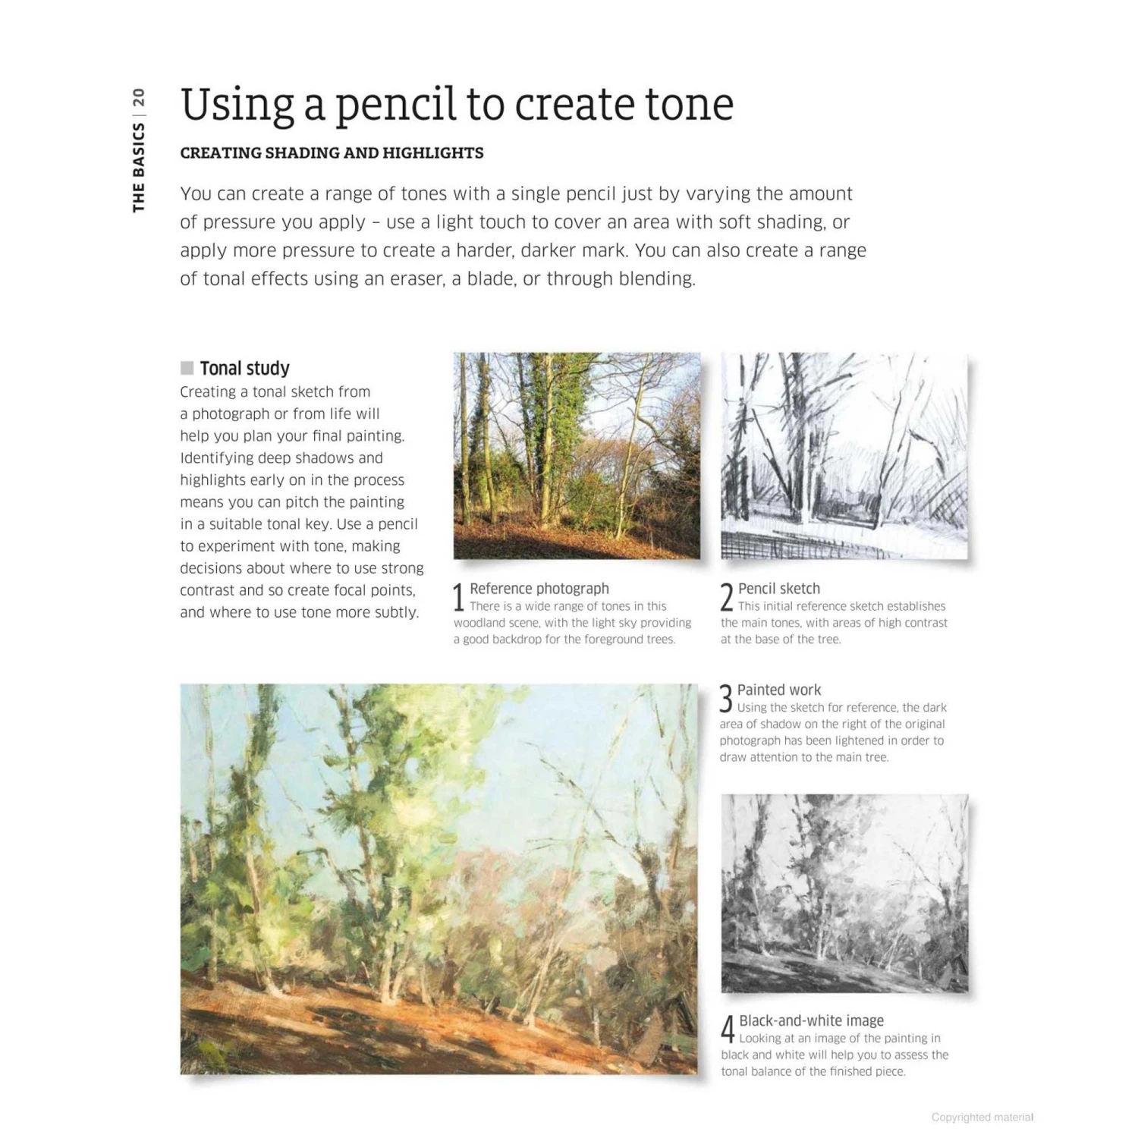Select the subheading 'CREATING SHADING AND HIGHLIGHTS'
pos(332,153)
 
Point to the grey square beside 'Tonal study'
pos(187,368)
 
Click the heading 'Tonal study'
pos(244,369)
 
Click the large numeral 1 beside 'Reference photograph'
pos(458,597)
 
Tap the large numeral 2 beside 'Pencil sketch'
pos(726,597)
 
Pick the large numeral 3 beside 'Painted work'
pos(726,699)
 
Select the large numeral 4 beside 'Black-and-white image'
pos(728,1030)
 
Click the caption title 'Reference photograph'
pos(539,589)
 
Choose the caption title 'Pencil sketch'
pos(778,589)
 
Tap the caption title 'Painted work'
pos(778,690)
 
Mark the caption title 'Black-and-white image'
pos(811,1021)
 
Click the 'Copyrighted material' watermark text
pos(982,1118)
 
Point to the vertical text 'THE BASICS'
pos(138,168)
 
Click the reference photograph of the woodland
pos(577,455)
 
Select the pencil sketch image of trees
pos(844,455)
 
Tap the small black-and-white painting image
pos(844,893)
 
